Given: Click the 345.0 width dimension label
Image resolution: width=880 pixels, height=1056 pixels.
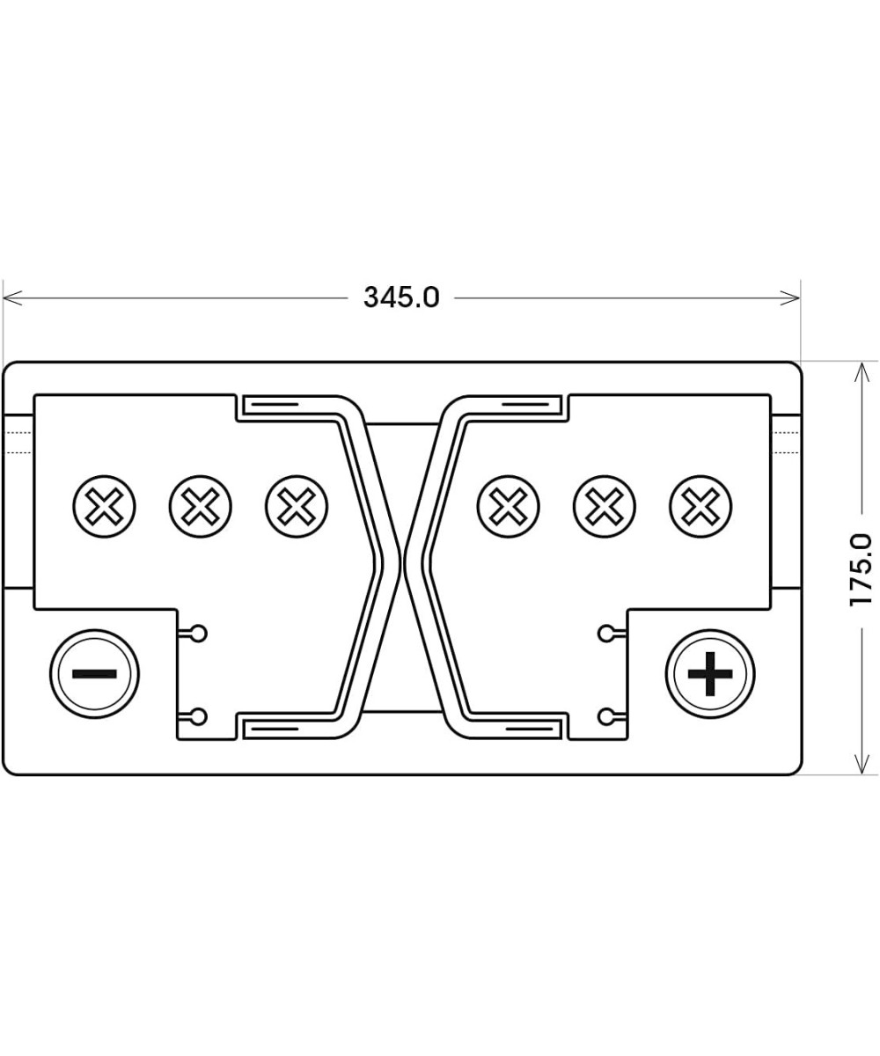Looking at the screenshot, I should coord(401,297).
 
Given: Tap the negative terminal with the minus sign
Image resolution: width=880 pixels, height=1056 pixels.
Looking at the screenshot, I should coord(94,674).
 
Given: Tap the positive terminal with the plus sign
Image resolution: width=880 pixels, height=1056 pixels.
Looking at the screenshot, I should coord(710,674).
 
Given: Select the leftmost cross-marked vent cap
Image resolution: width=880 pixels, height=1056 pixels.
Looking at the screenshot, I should coord(105,508).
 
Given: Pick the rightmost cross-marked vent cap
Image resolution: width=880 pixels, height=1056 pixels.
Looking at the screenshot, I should coord(700,508).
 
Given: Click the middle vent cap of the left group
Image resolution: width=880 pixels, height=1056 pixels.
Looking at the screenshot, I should coord(201,508).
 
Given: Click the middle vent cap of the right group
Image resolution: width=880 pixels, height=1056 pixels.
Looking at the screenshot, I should coord(605,508).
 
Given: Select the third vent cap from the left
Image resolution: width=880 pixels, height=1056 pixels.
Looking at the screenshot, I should coord(297,508).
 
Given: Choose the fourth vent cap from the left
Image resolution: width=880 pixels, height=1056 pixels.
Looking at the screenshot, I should coord(508,508).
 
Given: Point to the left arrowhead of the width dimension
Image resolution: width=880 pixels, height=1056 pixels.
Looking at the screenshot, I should coord(9,298).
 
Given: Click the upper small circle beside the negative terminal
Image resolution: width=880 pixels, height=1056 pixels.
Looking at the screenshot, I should coord(199,632).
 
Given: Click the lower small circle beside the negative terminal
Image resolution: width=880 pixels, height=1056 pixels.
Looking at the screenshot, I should coord(199,715).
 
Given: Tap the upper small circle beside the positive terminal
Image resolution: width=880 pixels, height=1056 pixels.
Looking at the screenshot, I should coord(605,632).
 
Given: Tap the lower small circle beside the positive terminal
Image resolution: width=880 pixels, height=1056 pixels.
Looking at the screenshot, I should coord(605,715).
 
